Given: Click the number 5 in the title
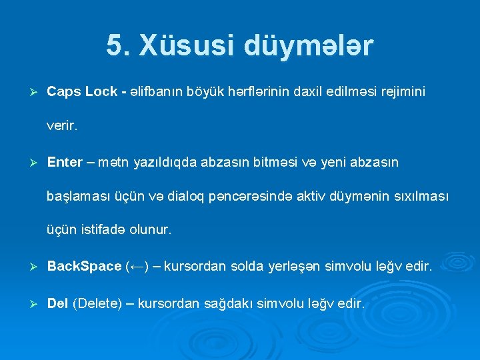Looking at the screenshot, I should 114,45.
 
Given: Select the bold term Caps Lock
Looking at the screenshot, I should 81,91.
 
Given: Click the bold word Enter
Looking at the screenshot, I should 65,162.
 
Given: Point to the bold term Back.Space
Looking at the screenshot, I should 84,267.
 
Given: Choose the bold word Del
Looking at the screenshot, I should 57,303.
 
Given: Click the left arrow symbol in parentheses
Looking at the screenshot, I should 139,267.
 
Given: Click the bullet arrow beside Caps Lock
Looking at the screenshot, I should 27,91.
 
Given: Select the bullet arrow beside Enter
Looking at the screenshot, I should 27,163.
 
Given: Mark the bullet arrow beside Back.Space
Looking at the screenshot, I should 27,267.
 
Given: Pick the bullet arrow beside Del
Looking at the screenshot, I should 27,304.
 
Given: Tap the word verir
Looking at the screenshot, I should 62,125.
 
